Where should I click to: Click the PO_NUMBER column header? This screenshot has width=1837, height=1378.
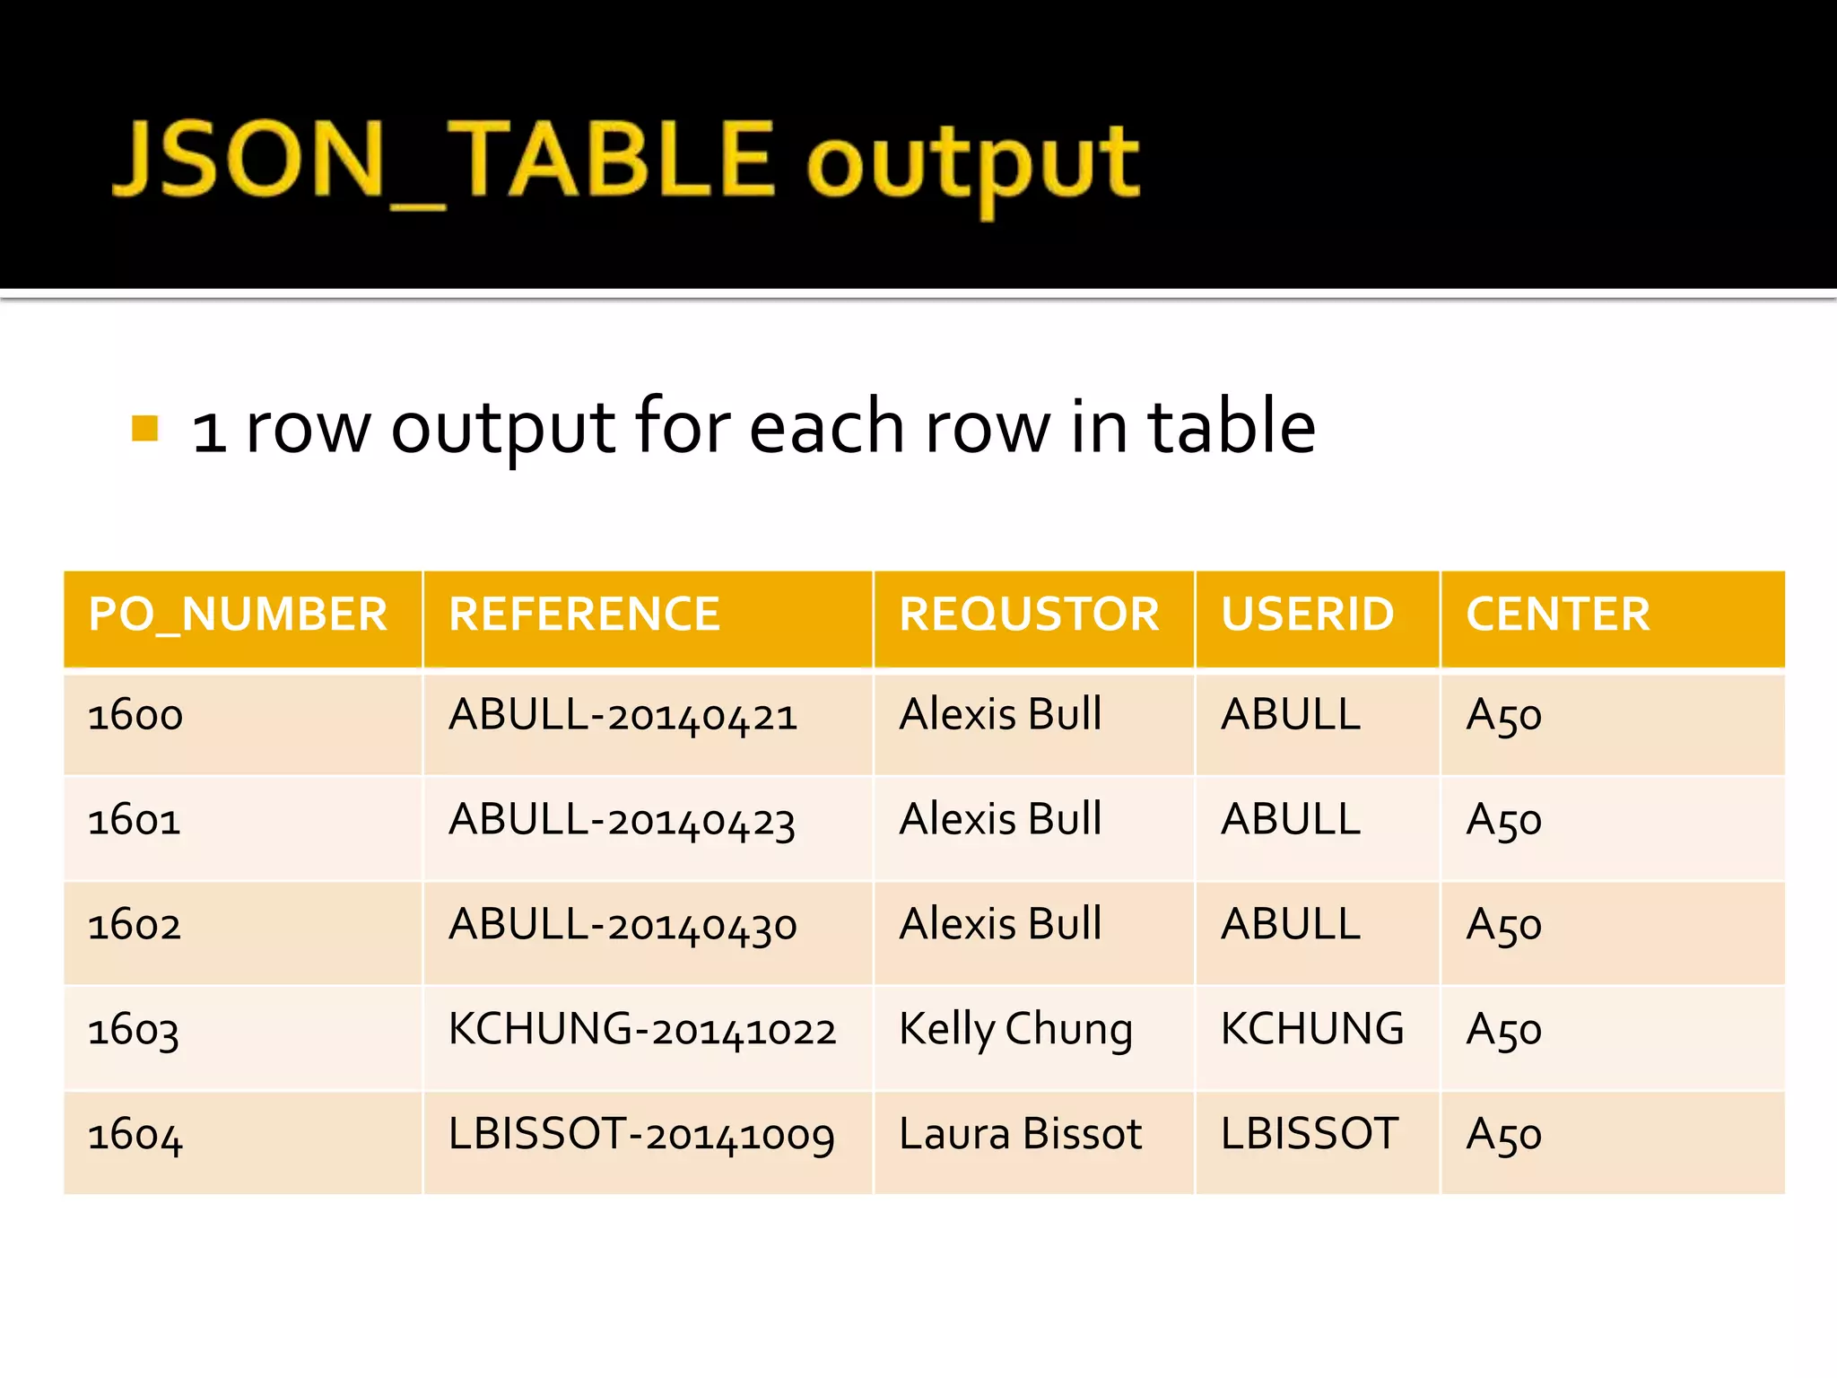(238, 615)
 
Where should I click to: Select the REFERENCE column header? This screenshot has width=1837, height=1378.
(584, 615)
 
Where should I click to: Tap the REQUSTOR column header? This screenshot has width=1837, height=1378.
(1030, 615)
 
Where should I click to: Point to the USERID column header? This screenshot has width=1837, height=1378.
(1307, 615)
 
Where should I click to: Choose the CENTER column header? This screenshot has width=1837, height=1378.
(1558, 615)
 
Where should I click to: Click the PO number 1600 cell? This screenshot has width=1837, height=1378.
(135, 717)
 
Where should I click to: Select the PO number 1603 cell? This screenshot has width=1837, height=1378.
(134, 1031)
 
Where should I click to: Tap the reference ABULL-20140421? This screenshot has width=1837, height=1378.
(622, 717)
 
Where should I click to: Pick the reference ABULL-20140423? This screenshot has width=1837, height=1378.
(622, 821)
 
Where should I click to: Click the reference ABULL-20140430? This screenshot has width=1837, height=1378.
(622, 926)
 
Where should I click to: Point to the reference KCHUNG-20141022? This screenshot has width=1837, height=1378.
(642, 1031)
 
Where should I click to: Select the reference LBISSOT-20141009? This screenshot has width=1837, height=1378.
(641, 1135)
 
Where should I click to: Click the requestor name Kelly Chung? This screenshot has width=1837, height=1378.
(1015, 1031)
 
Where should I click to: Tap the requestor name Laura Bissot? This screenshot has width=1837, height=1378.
(1020, 1135)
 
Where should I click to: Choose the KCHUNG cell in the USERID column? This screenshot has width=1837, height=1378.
(1312, 1030)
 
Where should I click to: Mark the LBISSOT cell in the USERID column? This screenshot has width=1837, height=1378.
(1310, 1135)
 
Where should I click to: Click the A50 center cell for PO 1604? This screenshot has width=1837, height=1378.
(1504, 1136)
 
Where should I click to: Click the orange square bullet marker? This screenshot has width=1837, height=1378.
(144, 429)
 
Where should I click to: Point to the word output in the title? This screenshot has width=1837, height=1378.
(973, 165)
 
